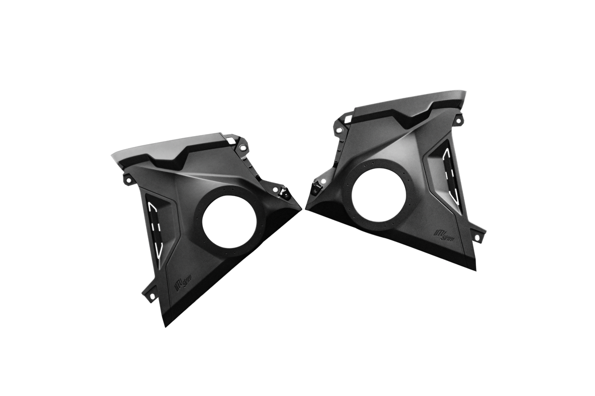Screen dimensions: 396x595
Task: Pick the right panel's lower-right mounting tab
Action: pyautogui.click(x=478, y=238)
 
